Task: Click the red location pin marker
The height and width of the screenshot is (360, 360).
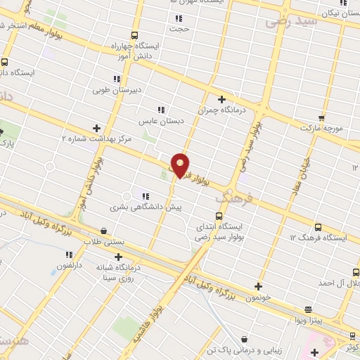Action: click(x=180, y=165)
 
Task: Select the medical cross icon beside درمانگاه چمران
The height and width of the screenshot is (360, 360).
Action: click(x=221, y=99)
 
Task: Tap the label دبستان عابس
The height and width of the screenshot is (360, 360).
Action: click(x=160, y=121)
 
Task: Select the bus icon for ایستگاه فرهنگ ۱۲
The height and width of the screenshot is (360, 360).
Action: click(x=318, y=227)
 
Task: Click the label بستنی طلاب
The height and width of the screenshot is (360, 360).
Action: click(x=104, y=240)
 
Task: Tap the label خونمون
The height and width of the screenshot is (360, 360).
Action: click(x=258, y=297)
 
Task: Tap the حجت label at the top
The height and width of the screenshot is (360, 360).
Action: click(x=179, y=29)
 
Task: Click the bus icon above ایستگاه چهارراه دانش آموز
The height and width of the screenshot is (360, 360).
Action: click(x=134, y=34)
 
